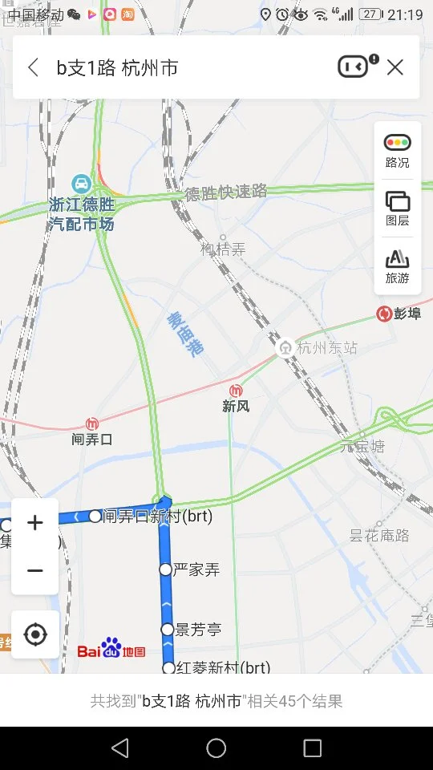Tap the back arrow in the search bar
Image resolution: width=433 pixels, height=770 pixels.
click(x=34, y=67)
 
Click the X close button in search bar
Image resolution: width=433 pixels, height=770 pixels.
click(x=395, y=67)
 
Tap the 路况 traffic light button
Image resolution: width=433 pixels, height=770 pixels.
click(x=398, y=150)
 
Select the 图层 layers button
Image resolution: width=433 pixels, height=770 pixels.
click(x=398, y=208)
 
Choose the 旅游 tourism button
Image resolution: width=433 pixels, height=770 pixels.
click(x=398, y=265)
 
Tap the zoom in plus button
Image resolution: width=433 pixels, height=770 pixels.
click(x=35, y=523)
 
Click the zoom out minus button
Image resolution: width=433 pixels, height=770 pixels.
click(x=35, y=570)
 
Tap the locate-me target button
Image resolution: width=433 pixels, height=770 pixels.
click(x=35, y=634)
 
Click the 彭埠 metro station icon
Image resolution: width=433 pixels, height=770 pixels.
click(x=383, y=314)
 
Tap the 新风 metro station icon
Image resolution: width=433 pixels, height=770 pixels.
click(x=236, y=391)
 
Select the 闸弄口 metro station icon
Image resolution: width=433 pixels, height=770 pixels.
click(x=92, y=423)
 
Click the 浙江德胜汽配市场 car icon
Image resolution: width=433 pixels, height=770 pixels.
click(x=81, y=182)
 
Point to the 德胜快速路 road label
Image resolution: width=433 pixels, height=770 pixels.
click(x=225, y=192)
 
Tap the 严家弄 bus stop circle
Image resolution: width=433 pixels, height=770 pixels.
click(x=165, y=569)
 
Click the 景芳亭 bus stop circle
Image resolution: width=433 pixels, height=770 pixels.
click(x=167, y=630)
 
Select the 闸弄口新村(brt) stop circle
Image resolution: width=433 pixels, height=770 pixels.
click(x=95, y=516)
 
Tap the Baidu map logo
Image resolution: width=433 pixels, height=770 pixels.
click(x=111, y=650)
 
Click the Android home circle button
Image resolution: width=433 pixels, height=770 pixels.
click(x=216, y=748)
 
